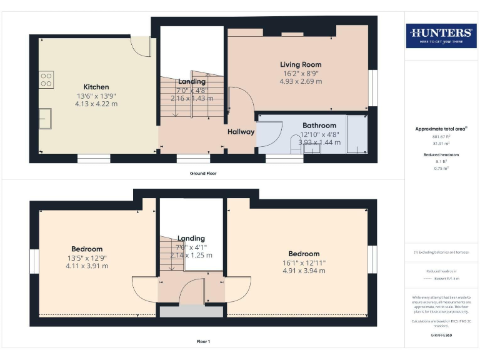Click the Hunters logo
[440, 36]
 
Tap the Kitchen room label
[96, 87]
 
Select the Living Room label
[301, 64]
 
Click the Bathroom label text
[319, 126]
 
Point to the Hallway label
[241, 132]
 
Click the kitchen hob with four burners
[47, 79]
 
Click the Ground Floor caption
[203, 173]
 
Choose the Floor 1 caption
[203, 342]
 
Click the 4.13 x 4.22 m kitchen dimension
[96, 104]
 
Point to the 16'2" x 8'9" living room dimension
[301, 73]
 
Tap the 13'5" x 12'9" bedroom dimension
[87, 257]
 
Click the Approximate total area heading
[440, 129]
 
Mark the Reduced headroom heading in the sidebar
[440, 154]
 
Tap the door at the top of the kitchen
[140, 46]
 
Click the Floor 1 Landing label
[191, 238]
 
